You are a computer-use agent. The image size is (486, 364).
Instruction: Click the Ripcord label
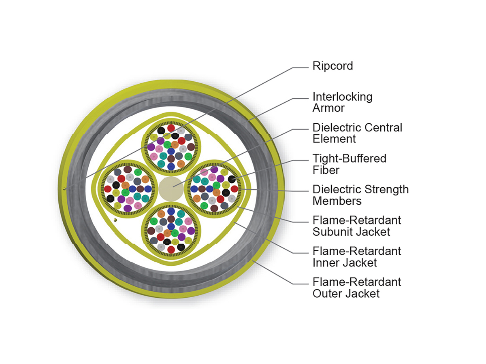(333, 66)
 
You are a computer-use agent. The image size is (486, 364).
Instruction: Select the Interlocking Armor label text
(342, 102)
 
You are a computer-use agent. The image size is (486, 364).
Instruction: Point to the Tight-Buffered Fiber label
(349, 164)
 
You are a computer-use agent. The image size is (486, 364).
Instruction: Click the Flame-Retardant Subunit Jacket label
(356, 226)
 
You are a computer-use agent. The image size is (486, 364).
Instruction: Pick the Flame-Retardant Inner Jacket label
(356, 256)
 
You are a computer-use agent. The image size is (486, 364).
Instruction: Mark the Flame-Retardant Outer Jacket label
(356, 287)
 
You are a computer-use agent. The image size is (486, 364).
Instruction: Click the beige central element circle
(171, 188)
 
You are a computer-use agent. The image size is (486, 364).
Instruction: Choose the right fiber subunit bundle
(213, 188)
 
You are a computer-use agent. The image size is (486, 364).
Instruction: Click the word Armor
(328, 108)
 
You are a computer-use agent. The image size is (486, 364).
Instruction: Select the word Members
(337, 200)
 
